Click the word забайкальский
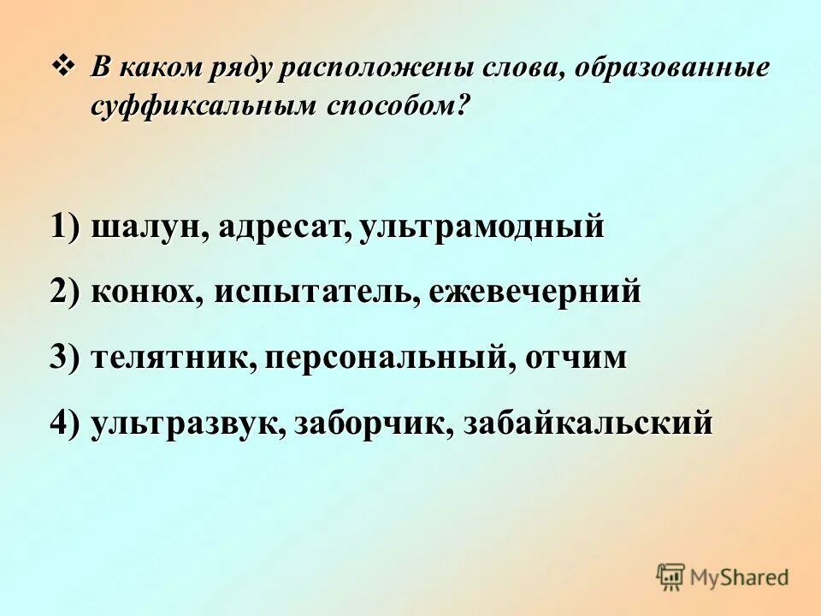[x=588, y=423]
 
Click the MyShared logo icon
[x=671, y=577]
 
